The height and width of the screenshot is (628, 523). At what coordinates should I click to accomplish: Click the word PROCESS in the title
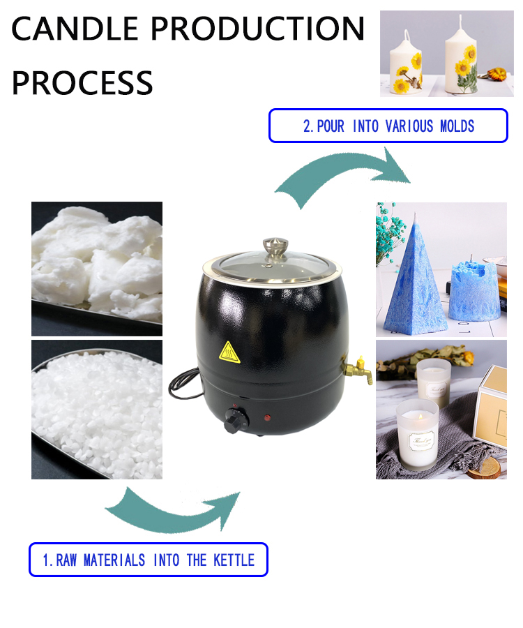coord(82,83)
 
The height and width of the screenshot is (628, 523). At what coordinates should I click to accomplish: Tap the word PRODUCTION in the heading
coord(258,29)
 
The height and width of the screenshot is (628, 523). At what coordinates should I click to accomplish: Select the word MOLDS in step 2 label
coord(457,126)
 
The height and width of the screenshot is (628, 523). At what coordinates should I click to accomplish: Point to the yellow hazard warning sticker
coord(229,352)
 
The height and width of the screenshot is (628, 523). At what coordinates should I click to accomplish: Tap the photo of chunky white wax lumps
coord(97,269)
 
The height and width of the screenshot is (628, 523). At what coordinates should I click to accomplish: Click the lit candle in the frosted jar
coord(417,435)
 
